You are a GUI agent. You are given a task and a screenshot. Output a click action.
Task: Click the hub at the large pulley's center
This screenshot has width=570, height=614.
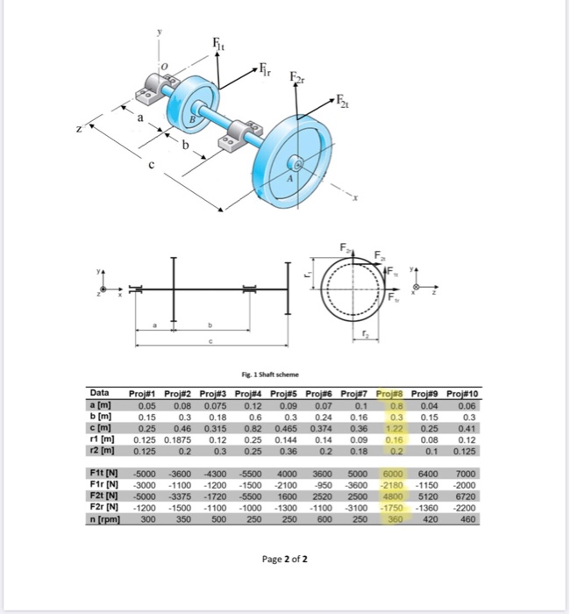click(x=298, y=164)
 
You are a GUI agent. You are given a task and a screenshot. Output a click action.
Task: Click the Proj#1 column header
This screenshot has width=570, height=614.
click(x=146, y=393)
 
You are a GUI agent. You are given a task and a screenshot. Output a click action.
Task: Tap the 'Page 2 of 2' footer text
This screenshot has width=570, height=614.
click(x=284, y=559)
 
